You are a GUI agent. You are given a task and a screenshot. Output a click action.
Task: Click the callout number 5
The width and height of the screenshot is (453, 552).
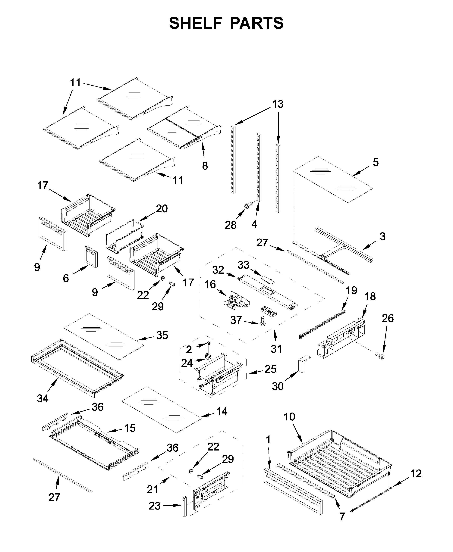point(376,162)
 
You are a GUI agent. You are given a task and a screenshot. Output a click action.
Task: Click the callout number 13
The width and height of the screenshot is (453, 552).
point(278,104)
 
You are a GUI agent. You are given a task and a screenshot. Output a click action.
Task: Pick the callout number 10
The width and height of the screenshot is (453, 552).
point(289,417)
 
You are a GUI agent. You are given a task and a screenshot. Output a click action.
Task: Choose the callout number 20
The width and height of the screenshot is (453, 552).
point(162,209)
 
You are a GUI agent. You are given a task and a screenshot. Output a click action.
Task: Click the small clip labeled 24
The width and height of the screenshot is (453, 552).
point(208,356)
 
